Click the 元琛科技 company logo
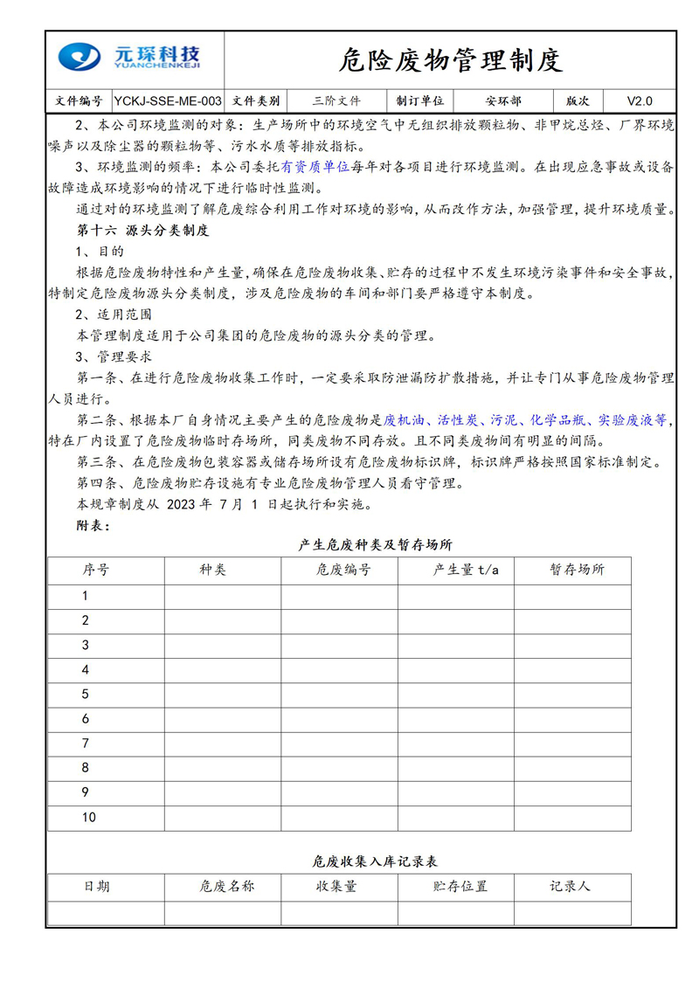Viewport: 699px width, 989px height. [130, 59]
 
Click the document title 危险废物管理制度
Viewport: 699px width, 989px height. [450, 60]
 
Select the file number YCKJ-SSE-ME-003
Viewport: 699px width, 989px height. [168, 100]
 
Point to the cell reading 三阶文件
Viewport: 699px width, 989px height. [336, 100]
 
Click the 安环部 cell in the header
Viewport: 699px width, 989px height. [504, 100]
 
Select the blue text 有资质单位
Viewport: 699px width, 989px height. [315, 166]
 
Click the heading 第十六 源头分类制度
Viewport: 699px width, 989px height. [143, 231]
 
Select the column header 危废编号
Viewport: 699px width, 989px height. [339, 571]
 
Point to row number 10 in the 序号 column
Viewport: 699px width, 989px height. [89, 818]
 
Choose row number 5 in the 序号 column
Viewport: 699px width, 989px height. [85, 695]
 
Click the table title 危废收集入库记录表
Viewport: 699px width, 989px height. [375, 861]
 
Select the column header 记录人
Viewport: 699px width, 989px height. [570, 886]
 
